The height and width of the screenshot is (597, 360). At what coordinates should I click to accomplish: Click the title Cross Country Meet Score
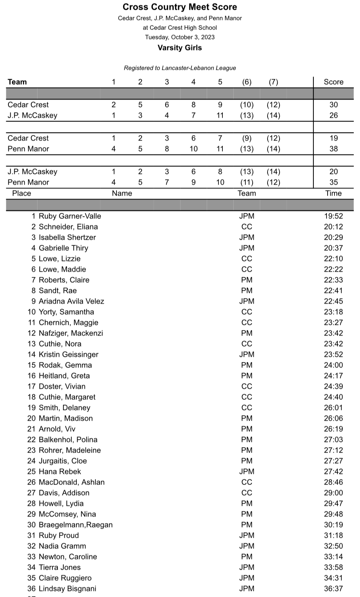click(x=180, y=7)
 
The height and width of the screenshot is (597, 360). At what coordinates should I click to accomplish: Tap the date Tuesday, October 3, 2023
click(x=180, y=37)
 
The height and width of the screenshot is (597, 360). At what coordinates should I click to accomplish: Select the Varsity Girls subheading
click(x=180, y=48)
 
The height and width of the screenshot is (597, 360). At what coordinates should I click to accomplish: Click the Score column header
click(x=333, y=82)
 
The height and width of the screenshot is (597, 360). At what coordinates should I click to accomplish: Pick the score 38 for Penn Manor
click(x=333, y=149)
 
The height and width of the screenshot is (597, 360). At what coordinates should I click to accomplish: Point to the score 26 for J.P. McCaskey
click(x=333, y=115)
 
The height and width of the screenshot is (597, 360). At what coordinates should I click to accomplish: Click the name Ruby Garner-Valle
click(x=70, y=216)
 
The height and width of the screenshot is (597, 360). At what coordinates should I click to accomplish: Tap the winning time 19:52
click(x=333, y=216)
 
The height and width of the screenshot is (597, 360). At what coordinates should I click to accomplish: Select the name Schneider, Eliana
click(x=68, y=227)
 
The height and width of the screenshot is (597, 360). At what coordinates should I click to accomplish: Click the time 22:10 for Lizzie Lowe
click(x=333, y=259)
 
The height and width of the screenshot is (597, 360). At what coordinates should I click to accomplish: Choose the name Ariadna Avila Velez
click(x=71, y=301)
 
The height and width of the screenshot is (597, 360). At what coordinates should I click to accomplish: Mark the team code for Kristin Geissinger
click(x=247, y=354)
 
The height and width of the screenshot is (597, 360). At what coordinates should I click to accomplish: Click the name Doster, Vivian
click(x=62, y=386)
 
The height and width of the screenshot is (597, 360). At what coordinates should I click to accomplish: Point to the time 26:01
click(x=333, y=407)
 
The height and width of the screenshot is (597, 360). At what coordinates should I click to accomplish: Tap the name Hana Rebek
click(x=60, y=471)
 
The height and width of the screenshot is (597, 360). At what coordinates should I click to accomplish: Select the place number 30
click(x=31, y=525)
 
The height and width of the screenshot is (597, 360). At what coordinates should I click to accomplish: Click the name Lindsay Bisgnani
click(x=68, y=589)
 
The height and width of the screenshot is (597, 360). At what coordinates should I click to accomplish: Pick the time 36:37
click(x=333, y=589)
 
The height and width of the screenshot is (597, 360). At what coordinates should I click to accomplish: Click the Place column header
click(x=21, y=193)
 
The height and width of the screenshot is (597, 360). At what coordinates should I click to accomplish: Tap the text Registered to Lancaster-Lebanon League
click(x=180, y=68)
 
